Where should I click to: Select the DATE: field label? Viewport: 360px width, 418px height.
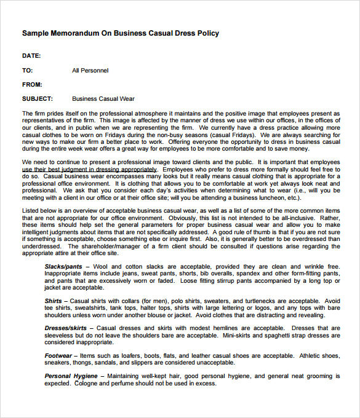click(31, 56)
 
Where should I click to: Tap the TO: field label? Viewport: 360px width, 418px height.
click(28, 71)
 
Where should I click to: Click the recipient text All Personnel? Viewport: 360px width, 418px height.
click(90, 71)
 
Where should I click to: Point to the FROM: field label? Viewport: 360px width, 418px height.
click(32, 85)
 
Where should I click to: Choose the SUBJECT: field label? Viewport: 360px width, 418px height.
click(38, 98)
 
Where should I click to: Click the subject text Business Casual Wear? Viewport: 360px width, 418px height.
click(103, 98)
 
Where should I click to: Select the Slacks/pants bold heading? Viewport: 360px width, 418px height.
click(63, 266)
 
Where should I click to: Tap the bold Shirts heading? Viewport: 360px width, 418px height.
click(53, 301)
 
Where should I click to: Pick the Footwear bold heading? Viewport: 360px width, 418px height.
click(58, 355)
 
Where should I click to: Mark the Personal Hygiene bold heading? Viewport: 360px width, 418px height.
click(71, 376)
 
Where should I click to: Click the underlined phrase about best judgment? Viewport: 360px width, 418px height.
click(89, 169)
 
